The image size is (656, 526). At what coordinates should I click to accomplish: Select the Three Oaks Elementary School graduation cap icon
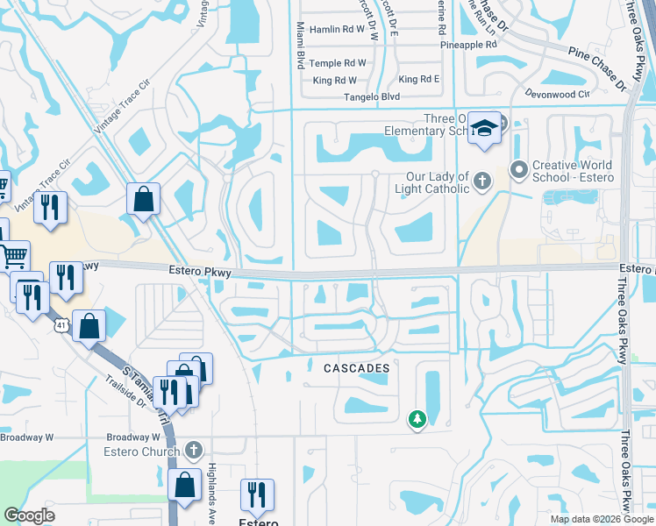coord(483,128)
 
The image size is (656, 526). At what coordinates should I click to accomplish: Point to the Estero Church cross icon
coord(193,451)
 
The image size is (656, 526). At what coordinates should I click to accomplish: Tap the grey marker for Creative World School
coord(518,167)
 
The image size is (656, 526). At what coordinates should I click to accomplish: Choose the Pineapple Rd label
coord(468,44)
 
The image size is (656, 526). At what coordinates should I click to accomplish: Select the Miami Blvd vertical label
coord(301,46)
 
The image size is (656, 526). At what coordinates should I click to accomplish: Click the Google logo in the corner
coord(30,515)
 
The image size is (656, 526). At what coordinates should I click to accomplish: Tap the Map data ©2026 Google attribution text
coord(601,519)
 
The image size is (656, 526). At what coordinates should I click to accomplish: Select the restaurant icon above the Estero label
coord(257,494)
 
